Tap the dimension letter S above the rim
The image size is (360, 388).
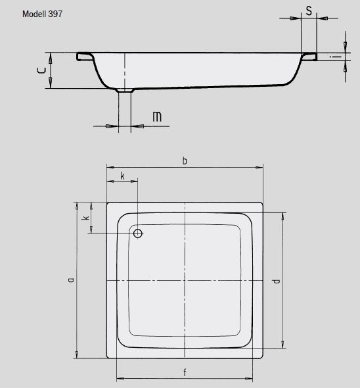pyautogui.click(x=308, y=11)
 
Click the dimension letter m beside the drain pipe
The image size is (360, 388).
pyautogui.click(x=157, y=117)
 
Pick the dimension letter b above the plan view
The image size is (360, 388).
pyautogui.click(x=185, y=161)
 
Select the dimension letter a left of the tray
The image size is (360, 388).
pyautogui.click(x=70, y=280)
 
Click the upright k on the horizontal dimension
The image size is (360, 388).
pyautogui.click(x=122, y=176)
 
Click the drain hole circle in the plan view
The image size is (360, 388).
pyautogui.click(x=138, y=233)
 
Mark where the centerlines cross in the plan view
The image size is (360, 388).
pyautogui.click(x=185, y=281)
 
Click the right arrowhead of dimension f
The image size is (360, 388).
pyautogui.click(x=252, y=379)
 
